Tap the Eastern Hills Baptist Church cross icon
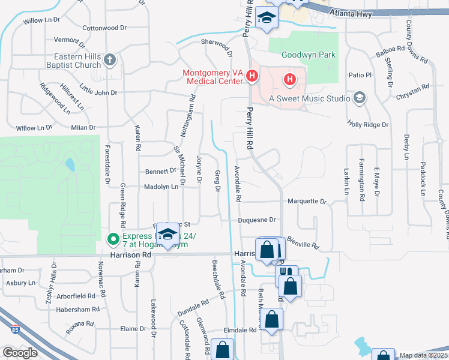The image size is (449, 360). [x=109, y=59]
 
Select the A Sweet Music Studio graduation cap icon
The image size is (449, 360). [x=360, y=98]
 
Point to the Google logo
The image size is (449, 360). [x=20, y=353]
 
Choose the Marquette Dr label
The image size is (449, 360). [x=306, y=202]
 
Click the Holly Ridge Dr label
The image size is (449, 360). [x=368, y=124]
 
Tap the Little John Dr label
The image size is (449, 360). [x=98, y=92]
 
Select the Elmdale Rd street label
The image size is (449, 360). [x=240, y=329]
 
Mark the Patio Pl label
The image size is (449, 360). [x=361, y=75]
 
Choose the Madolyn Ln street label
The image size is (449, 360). [x=161, y=187]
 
